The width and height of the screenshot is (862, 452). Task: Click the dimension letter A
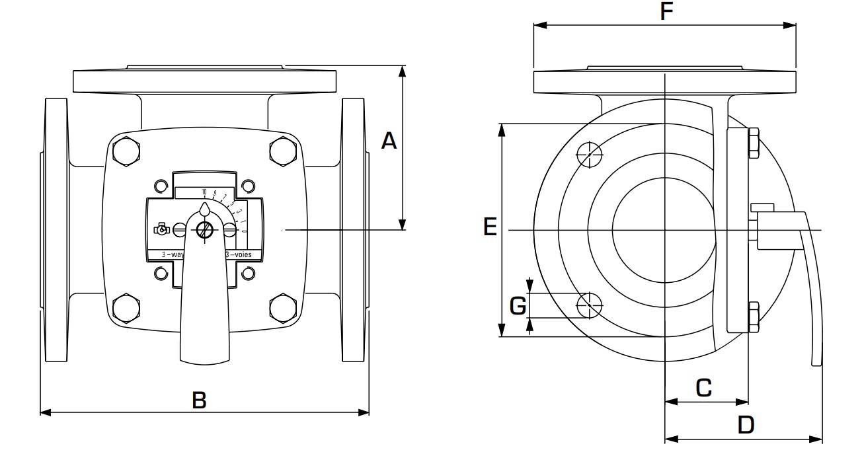coord(389,141)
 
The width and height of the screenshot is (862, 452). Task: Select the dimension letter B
coord(199,400)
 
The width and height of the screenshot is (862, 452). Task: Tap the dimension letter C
coord(704,388)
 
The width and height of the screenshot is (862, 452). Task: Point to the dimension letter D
coord(746,425)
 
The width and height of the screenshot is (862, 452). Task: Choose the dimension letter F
coord(667,11)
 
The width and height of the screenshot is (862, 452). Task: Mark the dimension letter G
coord(518,305)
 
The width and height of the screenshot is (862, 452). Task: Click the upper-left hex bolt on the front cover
coord(126,151)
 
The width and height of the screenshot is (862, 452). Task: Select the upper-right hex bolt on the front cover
coord(283,151)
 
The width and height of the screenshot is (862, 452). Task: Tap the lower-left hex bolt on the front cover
coord(126,307)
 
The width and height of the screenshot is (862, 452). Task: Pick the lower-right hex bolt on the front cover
coord(283,307)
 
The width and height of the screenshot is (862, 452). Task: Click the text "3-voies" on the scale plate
coord(243,254)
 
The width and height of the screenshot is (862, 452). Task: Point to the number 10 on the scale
coord(204,192)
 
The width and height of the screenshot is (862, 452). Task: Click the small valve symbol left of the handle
coord(160,230)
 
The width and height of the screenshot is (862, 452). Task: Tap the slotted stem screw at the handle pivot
coord(204,230)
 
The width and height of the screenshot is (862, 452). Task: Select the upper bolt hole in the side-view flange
coord(590,154)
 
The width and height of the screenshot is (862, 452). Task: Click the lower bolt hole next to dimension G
coord(590,305)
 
